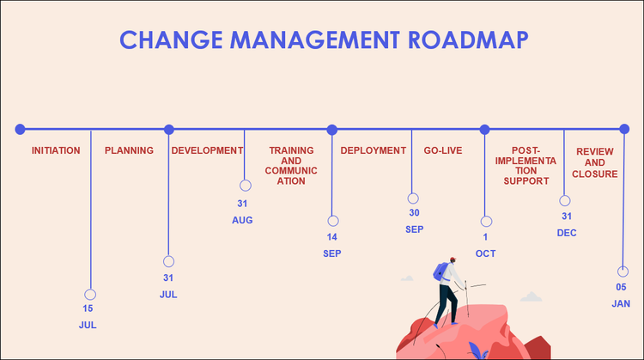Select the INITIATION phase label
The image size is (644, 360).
(x=56, y=150)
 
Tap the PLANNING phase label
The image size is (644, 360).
(x=129, y=150)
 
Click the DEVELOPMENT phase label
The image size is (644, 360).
(x=207, y=150)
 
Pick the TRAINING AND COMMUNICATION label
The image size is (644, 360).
(x=291, y=166)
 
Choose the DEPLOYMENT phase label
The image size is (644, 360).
(x=373, y=150)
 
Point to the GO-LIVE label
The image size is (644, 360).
(x=443, y=150)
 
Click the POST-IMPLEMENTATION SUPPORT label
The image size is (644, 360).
(x=526, y=166)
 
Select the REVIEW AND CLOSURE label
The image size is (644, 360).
(x=595, y=162)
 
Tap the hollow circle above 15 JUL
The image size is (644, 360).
(x=90, y=294)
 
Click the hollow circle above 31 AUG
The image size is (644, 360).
(x=246, y=186)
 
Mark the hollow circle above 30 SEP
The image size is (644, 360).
(x=413, y=198)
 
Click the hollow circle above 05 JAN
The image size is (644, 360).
(x=623, y=272)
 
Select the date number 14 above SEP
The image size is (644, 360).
(x=331, y=237)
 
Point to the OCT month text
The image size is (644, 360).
(x=485, y=253)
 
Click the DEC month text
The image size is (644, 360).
(x=566, y=233)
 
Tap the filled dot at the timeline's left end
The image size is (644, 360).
(x=20, y=129)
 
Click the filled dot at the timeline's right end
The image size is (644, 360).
(x=624, y=129)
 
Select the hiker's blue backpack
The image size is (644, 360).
(x=441, y=272)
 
